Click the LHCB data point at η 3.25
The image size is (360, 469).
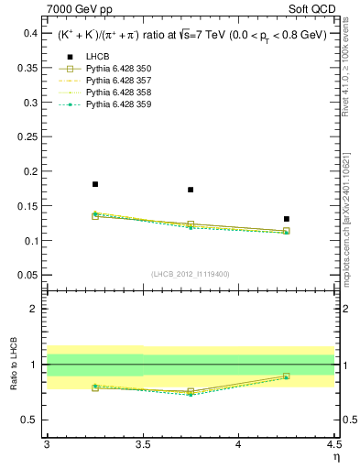(95, 184)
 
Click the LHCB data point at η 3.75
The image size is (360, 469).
(191, 190)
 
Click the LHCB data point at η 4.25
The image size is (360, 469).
(287, 219)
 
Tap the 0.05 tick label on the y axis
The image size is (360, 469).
(30, 275)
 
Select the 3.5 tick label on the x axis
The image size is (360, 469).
(142, 444)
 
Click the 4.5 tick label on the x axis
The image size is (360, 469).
(333, 444)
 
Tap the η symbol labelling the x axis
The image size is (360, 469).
(335, 455)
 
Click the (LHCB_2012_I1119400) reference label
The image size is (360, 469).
(190, 274)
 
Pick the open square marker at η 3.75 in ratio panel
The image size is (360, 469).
(191, 391)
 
